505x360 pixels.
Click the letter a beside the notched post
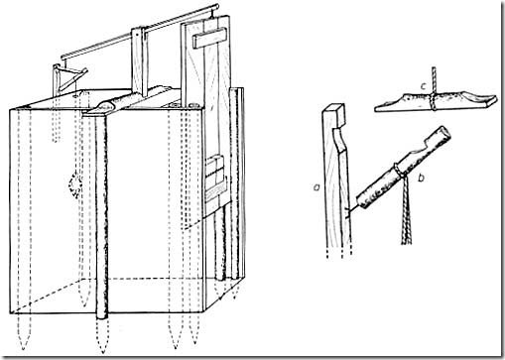point(316,188)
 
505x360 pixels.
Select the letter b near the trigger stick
point(421,179)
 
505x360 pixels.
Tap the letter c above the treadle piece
point(423,87)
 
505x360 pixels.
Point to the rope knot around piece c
point(434,101)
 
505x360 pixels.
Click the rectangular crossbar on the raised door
point(209,38)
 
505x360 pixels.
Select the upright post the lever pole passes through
point(139,60)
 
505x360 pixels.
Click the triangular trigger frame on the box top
point(68,79)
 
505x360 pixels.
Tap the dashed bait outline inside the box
point(75,184)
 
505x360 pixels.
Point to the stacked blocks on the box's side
point(215,178)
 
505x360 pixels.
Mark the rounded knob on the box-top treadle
point(106,106)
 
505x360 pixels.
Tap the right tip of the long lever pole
point(216,6)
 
